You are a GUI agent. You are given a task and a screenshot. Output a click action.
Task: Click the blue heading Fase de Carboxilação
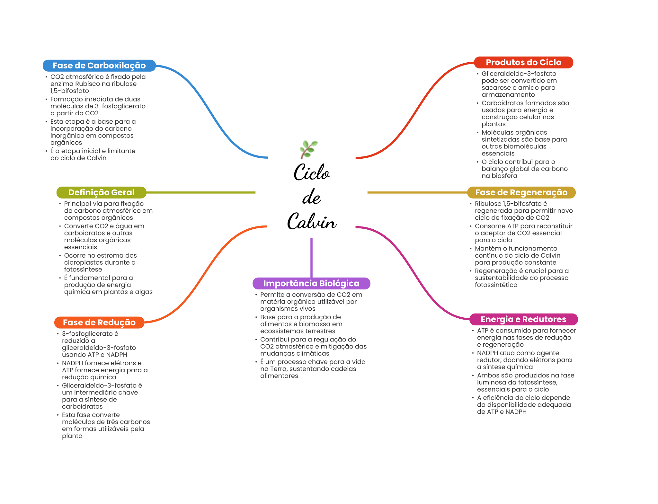tap(99, 66)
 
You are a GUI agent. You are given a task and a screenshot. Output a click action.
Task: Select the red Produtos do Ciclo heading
tap(523, 62)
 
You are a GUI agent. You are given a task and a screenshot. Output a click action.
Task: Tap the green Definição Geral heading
tap(101, 192)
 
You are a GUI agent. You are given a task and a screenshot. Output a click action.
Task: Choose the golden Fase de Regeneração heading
tap(521, 192)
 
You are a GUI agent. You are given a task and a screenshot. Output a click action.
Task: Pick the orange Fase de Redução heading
tap(99, 323)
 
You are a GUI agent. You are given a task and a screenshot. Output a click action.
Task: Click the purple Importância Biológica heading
tap(311, 283)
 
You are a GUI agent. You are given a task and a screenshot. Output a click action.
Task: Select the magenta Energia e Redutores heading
tap(523, 319)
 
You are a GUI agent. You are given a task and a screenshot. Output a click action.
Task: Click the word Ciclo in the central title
tap(312, 172)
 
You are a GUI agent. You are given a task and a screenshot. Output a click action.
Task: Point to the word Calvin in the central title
tap(312, 222)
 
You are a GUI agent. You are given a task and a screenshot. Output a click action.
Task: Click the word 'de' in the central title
tap(311, 198)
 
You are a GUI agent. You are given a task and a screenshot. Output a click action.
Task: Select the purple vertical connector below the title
tap(311, 257)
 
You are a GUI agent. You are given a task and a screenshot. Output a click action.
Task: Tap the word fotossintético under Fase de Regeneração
tap(496, 285)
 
